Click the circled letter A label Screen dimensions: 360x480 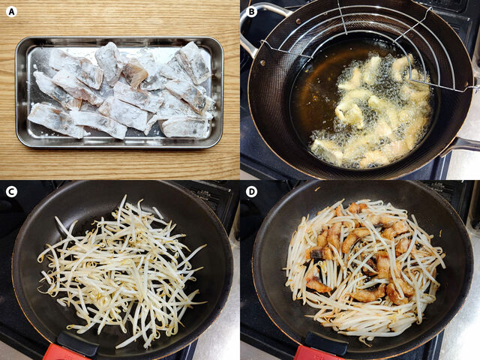point(11,11)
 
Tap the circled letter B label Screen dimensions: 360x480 point(251,11)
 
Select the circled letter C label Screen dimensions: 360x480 point(11,191)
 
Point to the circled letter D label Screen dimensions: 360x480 point(251,191)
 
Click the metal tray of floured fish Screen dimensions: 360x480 point(118,92)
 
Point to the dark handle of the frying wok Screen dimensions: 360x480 point(465,144)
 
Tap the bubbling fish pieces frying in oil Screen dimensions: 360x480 point(375,112)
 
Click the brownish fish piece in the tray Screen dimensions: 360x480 point(135,73)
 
